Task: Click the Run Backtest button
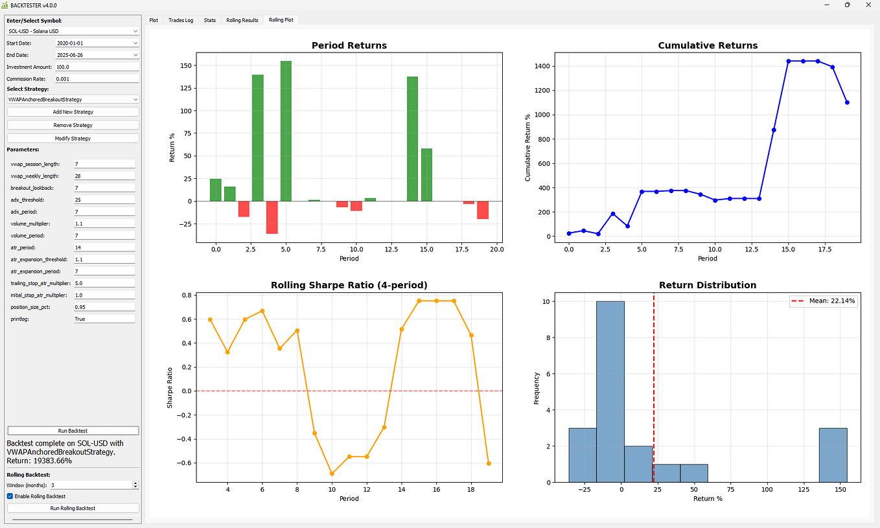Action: [x=73, y=430]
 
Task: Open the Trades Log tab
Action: [x=181, y=20]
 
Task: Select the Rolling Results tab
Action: [x=242, y=20]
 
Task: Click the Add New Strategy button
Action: [x=73, y=112]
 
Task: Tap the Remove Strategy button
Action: [x=73, y=125]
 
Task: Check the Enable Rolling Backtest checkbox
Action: [x=10, y=496]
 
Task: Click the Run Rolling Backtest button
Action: [x=73, y=508]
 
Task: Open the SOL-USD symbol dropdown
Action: [x=73, y=31]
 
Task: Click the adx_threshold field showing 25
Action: [x=104, y=200]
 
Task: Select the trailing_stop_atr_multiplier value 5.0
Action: [x=104, y=283]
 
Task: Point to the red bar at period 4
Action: [x=272, y=217]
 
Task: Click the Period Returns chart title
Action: [x=349, y=45]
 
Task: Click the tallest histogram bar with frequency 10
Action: [x=610, y=391]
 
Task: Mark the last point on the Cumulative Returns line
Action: [x=847, y=102]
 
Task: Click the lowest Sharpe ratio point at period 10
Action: [x=332, y=474]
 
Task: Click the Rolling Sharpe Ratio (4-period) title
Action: [x=349, y=285]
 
